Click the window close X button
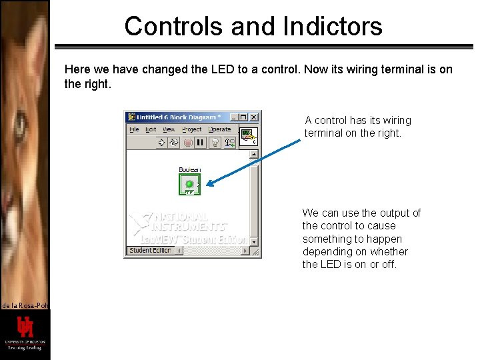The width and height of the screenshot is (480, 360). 253,117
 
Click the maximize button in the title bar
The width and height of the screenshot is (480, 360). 243,117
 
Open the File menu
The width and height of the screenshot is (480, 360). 134,129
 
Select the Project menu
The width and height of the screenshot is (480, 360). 191,129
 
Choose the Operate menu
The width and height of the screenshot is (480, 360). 219,129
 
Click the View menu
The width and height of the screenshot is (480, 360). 169,129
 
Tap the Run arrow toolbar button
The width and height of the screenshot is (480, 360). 161,142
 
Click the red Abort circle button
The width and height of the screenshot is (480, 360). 188,142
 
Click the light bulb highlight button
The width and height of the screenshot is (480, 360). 215,142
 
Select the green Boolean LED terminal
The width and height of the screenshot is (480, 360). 189,184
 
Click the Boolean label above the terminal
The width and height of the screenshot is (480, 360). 189,170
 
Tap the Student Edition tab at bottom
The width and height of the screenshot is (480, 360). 150,251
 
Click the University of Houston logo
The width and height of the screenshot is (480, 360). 25,331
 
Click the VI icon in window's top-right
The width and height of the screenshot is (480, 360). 247,136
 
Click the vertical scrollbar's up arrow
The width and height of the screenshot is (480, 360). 254,155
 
